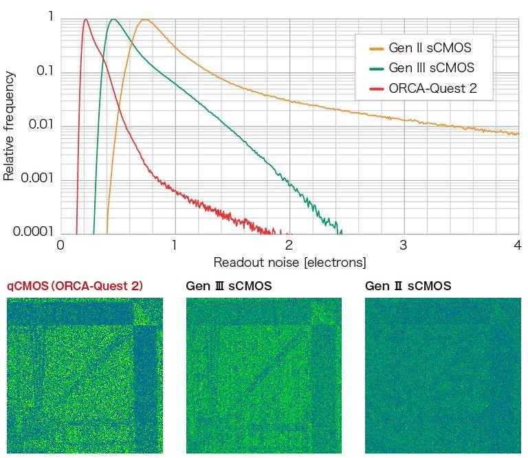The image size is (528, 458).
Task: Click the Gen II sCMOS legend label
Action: pyautogui.click(x=430, y=48)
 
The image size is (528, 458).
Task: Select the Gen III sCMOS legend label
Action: pyautogui.click(x=431, y=68)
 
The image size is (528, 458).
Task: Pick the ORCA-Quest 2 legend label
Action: pyautogui.click(x=432, y=88)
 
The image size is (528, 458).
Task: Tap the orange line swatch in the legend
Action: pyautogui.click(x=377, y=49)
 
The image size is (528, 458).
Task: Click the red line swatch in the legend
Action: pyautogui.click(x=377, y=89)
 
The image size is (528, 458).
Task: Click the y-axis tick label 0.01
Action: pyautogui.click(x=41, y=126)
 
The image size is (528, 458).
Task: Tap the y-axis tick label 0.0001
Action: pyautogui.click(x=34, y=232)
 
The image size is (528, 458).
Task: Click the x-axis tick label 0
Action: pyautogui.click(x=60, y=245)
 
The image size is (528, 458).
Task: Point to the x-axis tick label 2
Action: pyautogui.click(x=289, y=245)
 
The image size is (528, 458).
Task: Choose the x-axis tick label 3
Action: pyautogui.click(x=403, y=245)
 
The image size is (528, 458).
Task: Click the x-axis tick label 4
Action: pyautogui.click(x=516, y=245)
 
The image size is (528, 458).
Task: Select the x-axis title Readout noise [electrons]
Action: pyautogui.click(x=289, y=262)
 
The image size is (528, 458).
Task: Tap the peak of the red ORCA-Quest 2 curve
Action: pyautogui.click(x=85, y=19)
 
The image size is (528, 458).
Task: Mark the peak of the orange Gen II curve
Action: pyautogui.click(x=144, y=19)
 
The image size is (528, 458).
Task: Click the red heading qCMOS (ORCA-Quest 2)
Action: pyautogui.click(x=75, y=285)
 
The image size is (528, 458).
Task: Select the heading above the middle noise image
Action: pyautogui.click(x=229, y=285)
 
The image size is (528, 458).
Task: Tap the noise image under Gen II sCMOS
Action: pyautogui.click(x=443, y=375)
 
